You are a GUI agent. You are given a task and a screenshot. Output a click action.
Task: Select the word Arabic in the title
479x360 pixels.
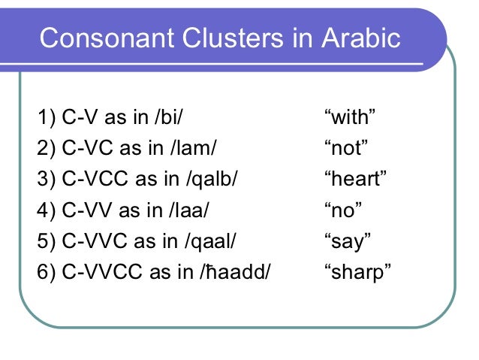click(363, 38)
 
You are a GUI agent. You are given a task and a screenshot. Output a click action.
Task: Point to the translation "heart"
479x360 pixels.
click(354, 180)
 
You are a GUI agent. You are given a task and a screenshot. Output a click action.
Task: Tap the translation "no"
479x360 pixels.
click(340, 210)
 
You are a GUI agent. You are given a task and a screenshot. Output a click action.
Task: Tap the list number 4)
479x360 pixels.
click(46, 210)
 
